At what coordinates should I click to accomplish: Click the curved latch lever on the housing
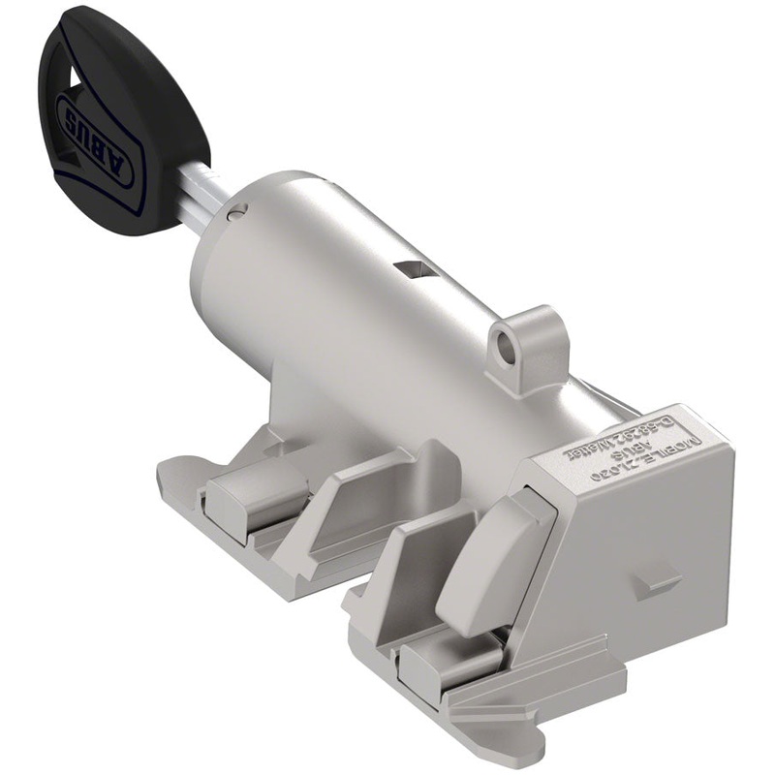point(492,562)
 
